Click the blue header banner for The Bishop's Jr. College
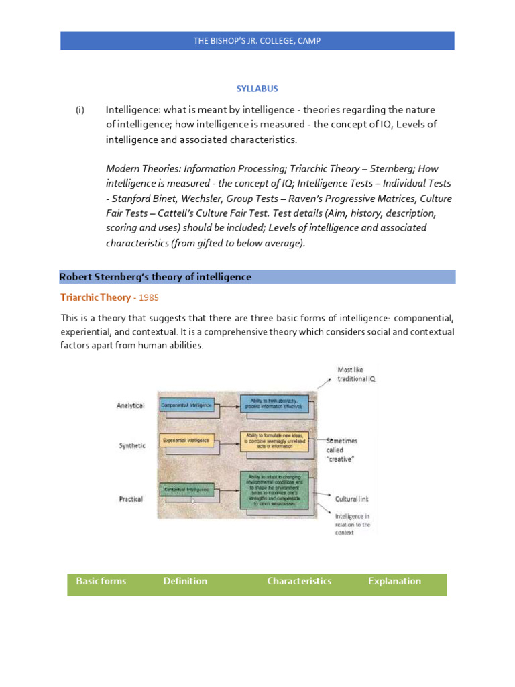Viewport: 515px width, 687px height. click(x=257, y=41)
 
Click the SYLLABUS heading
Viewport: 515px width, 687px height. click(x=257, y=89)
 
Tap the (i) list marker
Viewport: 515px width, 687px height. click(x=80, y=109)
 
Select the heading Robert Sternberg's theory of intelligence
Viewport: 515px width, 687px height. click(x=156, y=276)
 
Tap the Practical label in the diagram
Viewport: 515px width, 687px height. click(x=130, y=499)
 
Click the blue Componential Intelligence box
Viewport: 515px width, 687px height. click(x=186, y=405)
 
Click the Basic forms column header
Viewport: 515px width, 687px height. click(x=101, y=581)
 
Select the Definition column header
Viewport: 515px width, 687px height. click(x=185, y=581)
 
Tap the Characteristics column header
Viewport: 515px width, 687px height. click(x=299, y=581)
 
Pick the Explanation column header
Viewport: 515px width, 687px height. click(x=394, y=581)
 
